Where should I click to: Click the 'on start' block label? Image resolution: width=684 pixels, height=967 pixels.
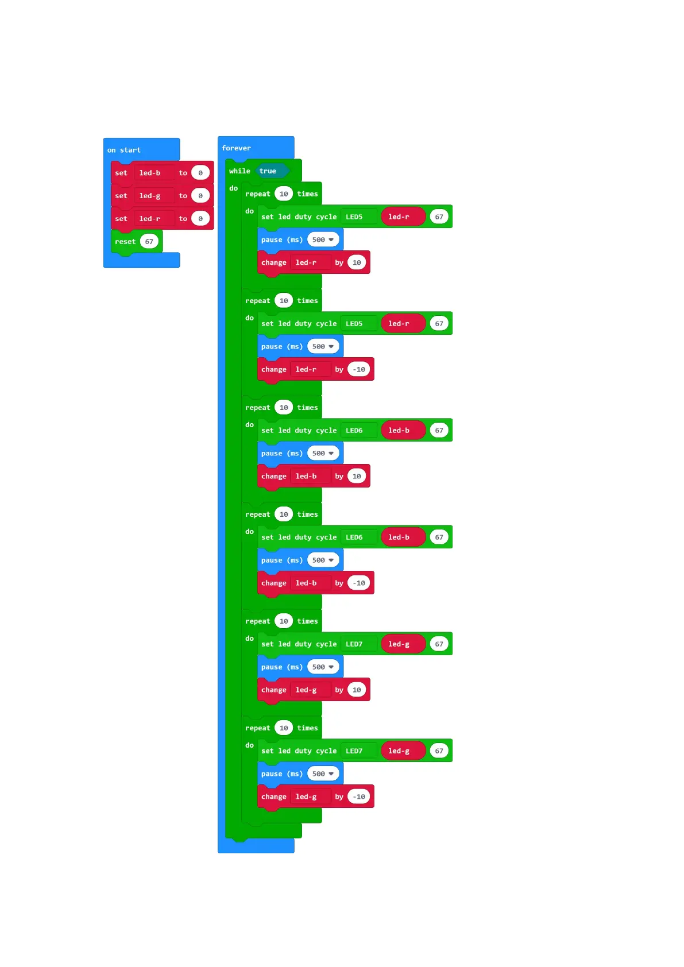pyautogui.click(x=123, y=150)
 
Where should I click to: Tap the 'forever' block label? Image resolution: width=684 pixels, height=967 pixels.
pyautogui.click(x=236, y=148)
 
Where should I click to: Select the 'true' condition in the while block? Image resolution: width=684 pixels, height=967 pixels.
pyautogui.click(x=268, y=171)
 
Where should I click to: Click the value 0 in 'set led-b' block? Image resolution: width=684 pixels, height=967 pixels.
pyautogui.click(x=200, y=173)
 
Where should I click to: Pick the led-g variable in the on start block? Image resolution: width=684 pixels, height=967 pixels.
pyautogui.click(x=149, y=196)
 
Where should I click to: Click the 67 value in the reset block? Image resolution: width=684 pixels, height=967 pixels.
pyautogui.click(x=149, y=242)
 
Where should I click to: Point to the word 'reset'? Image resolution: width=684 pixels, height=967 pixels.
pyautogui.click(x=125, y=242)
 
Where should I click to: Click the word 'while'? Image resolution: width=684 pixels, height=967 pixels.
pyautogui.click(x=239, y=171)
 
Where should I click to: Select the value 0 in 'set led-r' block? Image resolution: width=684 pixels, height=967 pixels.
pyautogui.click(x=200, y=219)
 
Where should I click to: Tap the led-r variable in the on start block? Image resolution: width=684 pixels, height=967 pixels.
pyautogui.click(x=149, y=219)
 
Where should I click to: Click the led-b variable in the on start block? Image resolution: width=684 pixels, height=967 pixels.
pyautogui.click(x=149, y=173)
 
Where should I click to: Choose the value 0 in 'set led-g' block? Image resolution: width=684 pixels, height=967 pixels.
pyautogui.click(x=200, y=196)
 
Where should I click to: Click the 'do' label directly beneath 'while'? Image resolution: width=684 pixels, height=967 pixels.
pyautogui.click(x=233, y=188)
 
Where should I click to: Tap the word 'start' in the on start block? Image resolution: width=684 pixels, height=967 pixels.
pyautogui.click(x=130, y=150)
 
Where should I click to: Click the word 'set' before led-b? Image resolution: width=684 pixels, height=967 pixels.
pyautogui.click(x=121, y=173)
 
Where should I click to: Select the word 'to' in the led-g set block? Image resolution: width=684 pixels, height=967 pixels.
pyautogui.click(x=183, y=196)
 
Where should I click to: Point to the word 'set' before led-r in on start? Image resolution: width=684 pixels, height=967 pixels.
pyautogui.click(x=121, y=219)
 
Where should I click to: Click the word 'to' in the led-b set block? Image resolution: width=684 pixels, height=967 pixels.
pyautogui.click(x=183, y=173)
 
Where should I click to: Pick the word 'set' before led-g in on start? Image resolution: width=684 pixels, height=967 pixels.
pyautogui.click(x=121, y=196)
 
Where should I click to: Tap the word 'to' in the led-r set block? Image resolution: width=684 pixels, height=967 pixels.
pyautogui.click(x=183, y=219)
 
